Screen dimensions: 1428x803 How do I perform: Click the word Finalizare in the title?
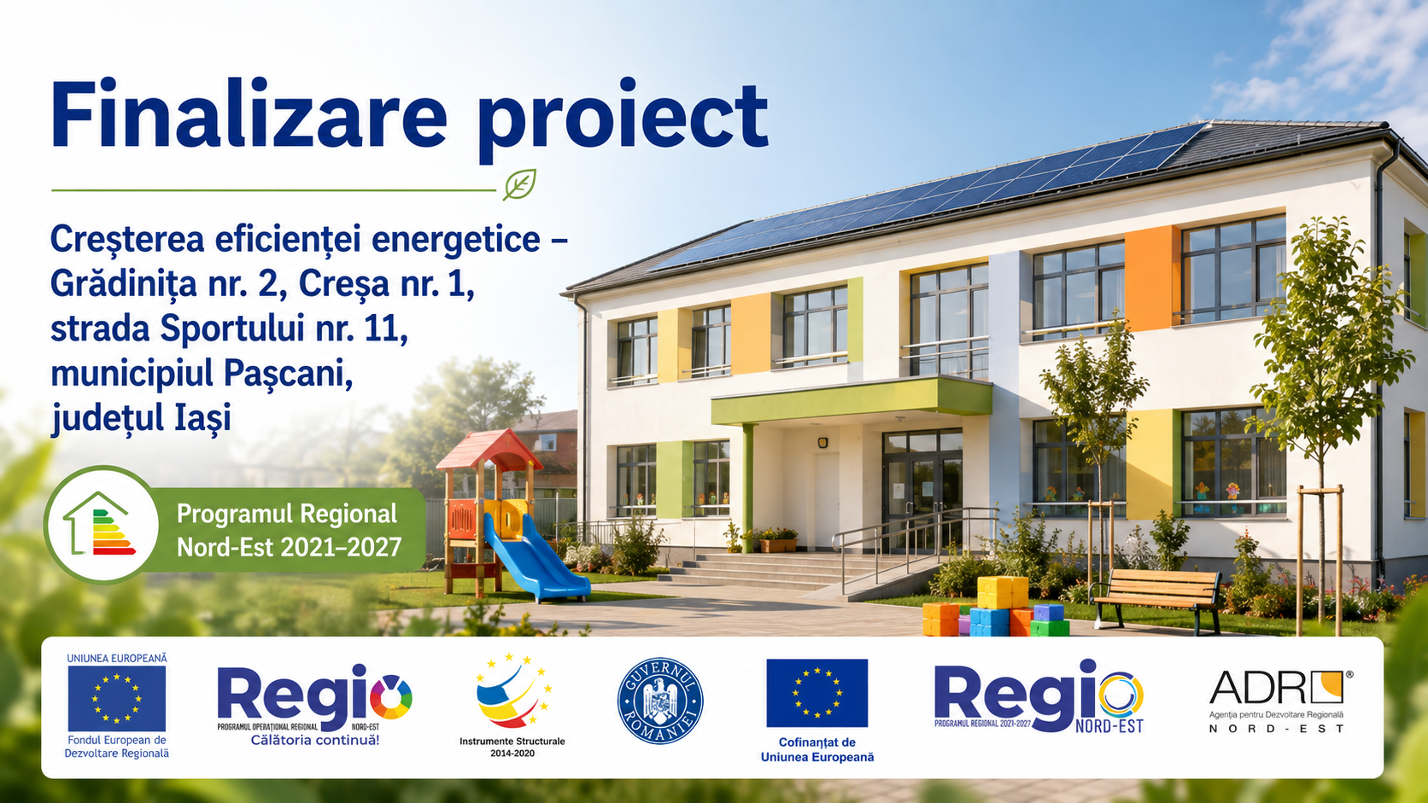[x=249, y=113]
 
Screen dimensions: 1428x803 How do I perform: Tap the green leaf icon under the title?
[x=519, y=184]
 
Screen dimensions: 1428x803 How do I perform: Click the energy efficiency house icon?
[x=101, y=524]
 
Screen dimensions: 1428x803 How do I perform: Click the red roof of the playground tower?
[x=489, y=448]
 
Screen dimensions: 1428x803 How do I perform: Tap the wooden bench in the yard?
[x=1156, y=597]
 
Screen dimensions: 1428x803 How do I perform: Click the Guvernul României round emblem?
[x=660, y=701]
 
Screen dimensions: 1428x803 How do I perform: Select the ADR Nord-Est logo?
[x=1280, y=701]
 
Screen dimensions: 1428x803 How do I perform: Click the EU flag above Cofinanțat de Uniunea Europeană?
[x=816, y=693]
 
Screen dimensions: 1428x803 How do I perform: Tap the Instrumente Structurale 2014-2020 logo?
[x=512, y=705]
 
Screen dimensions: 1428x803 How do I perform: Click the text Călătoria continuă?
[x=315, y=740]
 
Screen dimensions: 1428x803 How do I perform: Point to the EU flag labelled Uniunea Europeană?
[x=117, y=698]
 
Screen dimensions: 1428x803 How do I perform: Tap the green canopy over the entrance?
[x=851, y=400]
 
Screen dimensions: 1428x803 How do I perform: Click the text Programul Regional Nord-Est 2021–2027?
[x=289, y=530]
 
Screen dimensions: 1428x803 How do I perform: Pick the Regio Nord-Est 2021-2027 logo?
[x=1039, y=696]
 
